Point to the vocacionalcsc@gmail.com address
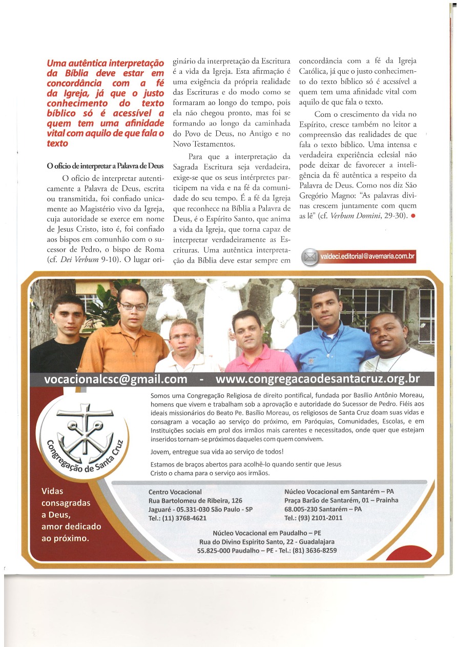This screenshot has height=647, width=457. pos(116,379)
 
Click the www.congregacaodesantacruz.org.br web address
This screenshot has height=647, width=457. pos(318,379)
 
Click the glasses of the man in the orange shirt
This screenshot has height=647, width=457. pos(134,307)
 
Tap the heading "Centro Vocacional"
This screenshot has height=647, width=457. pos(175,492)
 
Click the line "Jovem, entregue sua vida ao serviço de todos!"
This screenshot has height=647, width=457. pos(217,452)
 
